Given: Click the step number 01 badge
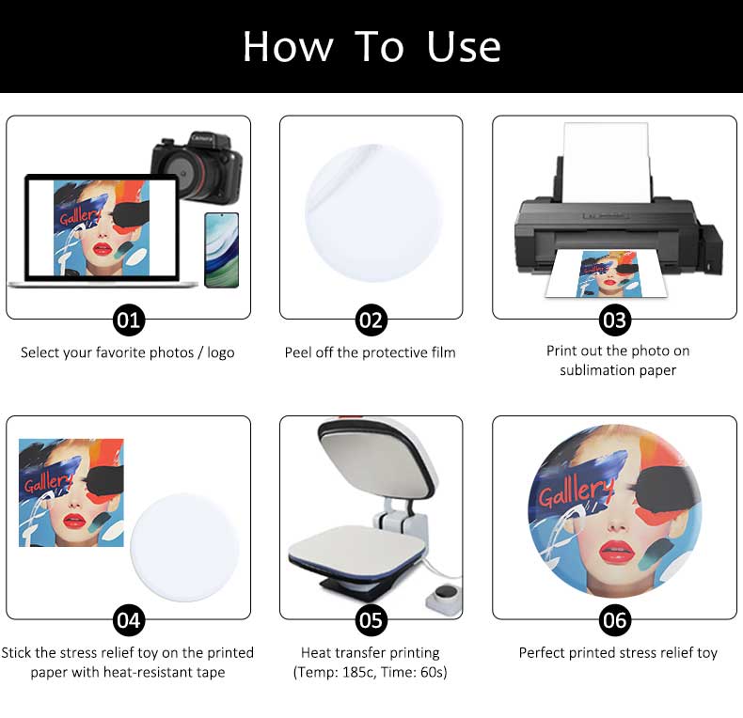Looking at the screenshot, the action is pos(129,320).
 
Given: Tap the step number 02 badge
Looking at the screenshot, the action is pos(371,320).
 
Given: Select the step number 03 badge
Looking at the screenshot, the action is pos(614,320).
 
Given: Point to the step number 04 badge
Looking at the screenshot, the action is pos(129,620).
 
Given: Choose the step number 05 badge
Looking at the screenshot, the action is pos(371,620).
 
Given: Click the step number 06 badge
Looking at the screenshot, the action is pos(614,620).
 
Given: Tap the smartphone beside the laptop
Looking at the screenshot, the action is pos(221,250).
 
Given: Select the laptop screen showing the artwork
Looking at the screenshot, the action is pos(101,227).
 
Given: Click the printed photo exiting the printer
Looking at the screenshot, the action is pos(607,273).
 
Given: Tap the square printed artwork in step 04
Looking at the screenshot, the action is pos(71,492).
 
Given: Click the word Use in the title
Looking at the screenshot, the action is pos(464,46).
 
